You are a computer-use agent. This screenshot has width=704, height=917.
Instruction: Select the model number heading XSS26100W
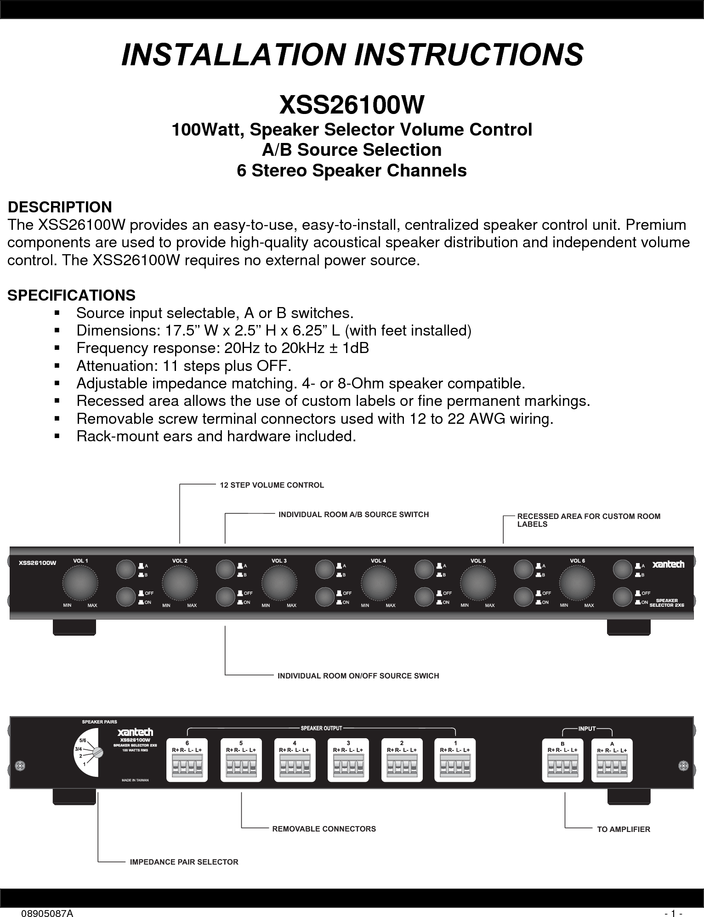pyautogui.click(x=352, y=105)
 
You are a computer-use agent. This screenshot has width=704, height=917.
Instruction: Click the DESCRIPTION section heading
pyautogui.click(x=60, y=207)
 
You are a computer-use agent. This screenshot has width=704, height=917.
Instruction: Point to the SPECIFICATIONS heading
pyautogui.click(x=72, y=295)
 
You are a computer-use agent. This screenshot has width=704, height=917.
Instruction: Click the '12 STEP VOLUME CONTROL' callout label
pyautogui.click(x=272, y=485)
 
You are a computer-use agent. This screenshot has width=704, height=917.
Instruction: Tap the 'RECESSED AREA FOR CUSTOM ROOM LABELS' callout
pyautogui.click(x=589, y=520)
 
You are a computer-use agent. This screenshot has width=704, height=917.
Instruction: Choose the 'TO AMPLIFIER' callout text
pyautogui.click(x=623, y=829)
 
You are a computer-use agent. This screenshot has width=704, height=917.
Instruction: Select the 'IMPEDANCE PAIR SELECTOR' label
pyautogui.click(x=184, y=862)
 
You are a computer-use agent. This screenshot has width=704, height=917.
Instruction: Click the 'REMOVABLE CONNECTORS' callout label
pyautogui.click(x=324, y=829)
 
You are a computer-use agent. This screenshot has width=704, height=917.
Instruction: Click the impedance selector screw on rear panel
pyautogui.click(x=97, y=752)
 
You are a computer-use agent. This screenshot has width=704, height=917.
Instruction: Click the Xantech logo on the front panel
pyautogui.click(x=669, y=564)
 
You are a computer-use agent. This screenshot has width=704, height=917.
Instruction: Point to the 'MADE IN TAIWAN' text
pyautogui.click(x=135, y=780)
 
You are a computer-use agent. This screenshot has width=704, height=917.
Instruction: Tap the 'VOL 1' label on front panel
pyautogui.click(x=80, y=561)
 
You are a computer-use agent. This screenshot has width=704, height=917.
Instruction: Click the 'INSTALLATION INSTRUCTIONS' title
pyautogui.click(x=352, y=54)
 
